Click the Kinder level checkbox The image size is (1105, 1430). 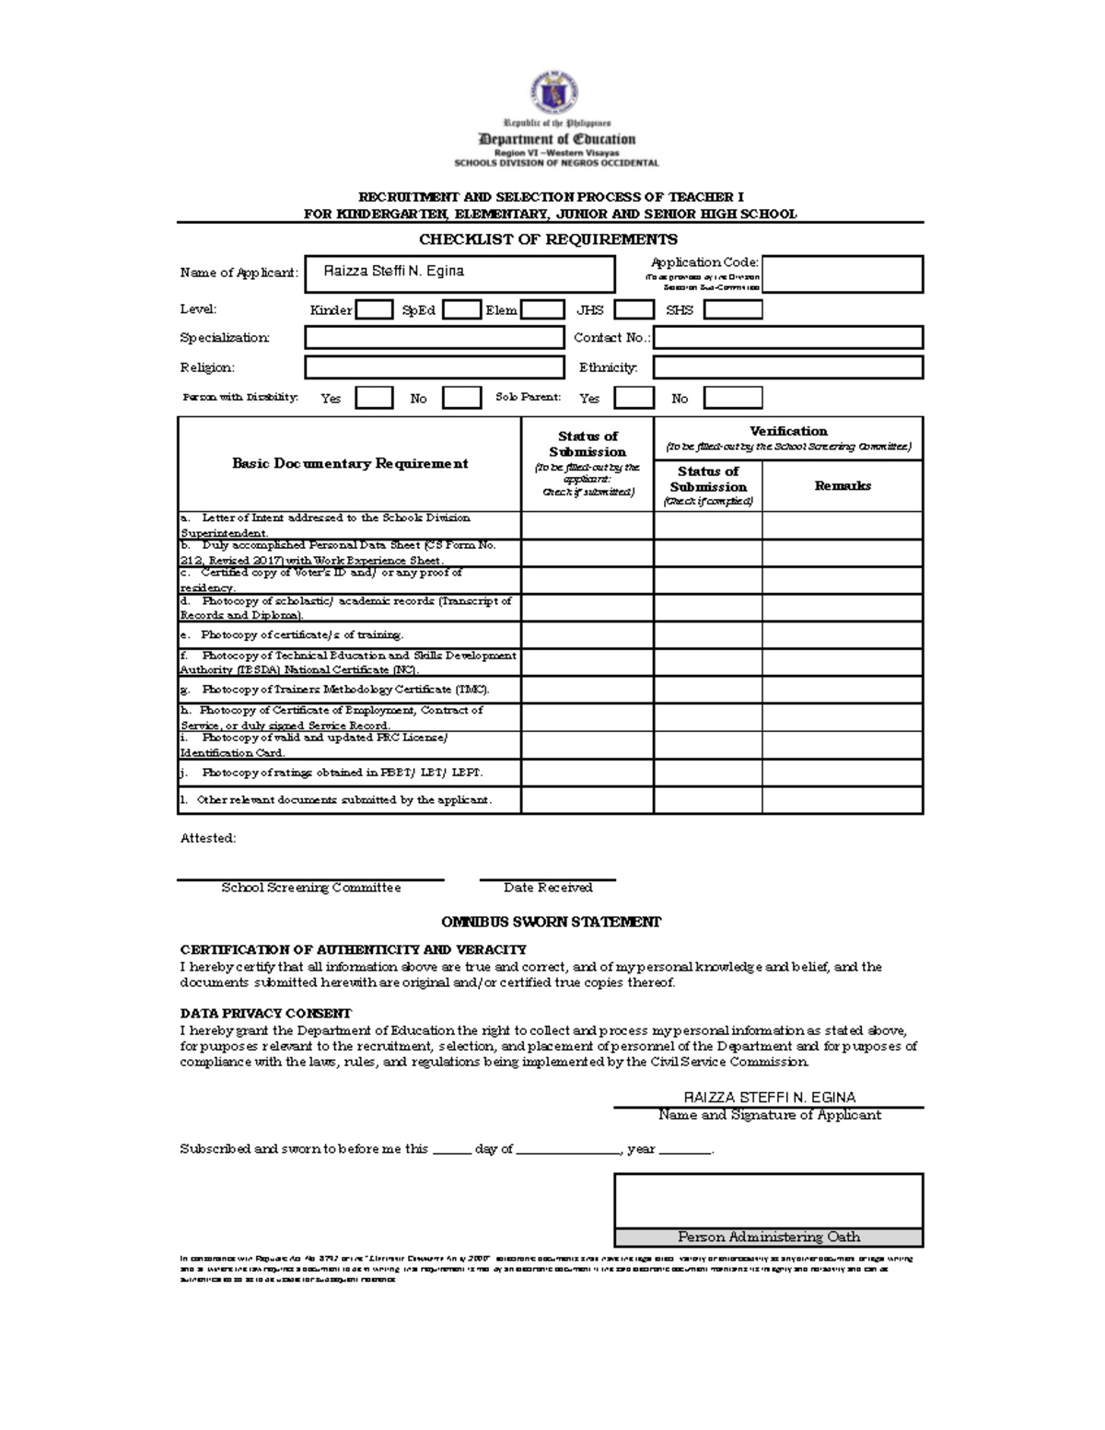(x=374, y=310)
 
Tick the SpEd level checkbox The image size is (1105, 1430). (x=461, y=310)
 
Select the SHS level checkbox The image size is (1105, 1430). (x=733, y=310)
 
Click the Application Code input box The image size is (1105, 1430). (x=843, y=274)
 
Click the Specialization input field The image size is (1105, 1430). (x=434, y=338)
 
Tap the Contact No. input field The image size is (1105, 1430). (x=788, y=338)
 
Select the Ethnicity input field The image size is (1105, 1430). (x=788, y=367)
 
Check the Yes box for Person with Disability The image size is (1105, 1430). (x=374, y=398)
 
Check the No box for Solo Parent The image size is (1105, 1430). (x=733, y=398)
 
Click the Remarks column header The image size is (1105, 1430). (x=843, y=486)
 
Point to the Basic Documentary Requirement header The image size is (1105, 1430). (x=350, y=464)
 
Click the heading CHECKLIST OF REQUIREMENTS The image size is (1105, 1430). (x=548, y=239)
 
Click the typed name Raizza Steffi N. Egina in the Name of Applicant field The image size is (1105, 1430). (x=394, y=272)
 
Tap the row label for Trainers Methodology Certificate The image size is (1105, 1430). (x=348, y=690)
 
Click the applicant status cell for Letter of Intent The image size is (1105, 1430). (x=587, y=525)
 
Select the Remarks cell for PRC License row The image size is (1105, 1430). (x=843, y=745)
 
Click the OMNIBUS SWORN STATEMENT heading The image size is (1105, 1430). (x=551, y=922)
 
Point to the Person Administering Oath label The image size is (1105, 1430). (x=769, y=1237)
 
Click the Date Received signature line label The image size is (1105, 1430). (x=548, y=888)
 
